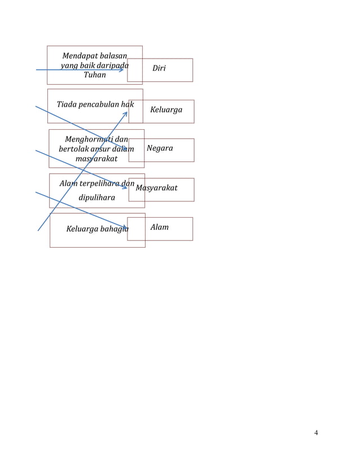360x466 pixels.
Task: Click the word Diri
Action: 159,68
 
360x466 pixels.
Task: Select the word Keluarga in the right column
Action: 166,110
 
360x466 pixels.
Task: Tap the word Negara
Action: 160,148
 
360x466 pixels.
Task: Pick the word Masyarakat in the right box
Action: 156,188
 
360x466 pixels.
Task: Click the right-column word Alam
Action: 160,227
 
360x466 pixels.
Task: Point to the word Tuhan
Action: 95,75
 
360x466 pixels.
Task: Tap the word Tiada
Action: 67,104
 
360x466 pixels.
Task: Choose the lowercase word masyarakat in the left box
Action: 96,159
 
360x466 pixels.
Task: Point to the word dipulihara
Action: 96,197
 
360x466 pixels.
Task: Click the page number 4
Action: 316,433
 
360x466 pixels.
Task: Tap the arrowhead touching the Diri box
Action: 121,70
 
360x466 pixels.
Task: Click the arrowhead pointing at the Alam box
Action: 125,227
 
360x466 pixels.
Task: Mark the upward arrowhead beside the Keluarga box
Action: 125,113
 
